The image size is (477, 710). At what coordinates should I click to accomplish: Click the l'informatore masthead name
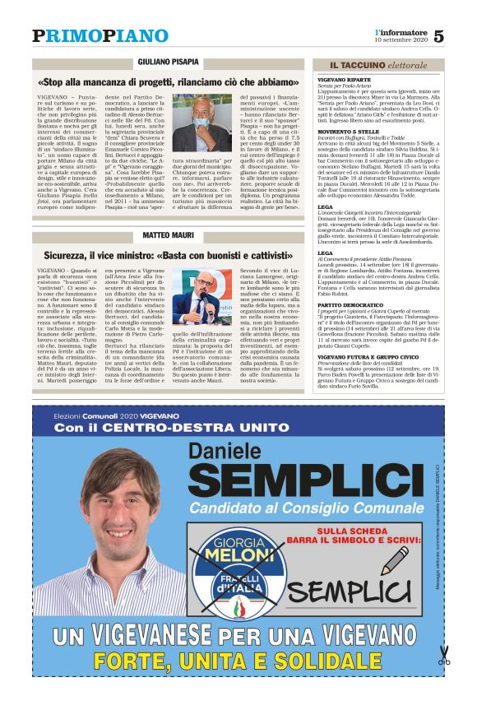[400, 30]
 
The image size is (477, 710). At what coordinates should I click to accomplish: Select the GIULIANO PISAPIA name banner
[170, 63]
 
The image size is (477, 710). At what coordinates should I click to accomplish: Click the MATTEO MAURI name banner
[170, 236]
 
